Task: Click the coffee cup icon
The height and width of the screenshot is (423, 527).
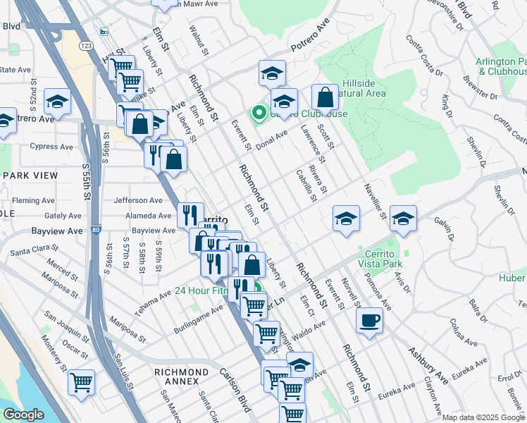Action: pyautogui.click(x=369, y=321)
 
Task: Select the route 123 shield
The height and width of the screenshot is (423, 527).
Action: pyautogui.click(x=86, y=45)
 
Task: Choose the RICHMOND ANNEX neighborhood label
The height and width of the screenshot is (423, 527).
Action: pyautogui.click(x=182, y=372)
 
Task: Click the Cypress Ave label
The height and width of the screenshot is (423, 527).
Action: pyautogui.click(x=51, y=147)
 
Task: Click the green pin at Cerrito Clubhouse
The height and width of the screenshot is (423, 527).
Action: pyautogui.click(x=258, y=112)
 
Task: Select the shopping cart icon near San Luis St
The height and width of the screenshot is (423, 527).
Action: pyautogui.click(x=81, y=382)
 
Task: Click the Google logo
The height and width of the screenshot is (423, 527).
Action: pyautogui.click(x=23, y=415)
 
